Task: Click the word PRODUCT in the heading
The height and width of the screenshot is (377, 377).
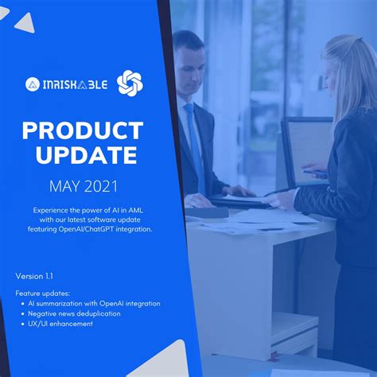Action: click(83, 130)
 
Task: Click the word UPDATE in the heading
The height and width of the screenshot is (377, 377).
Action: click(87, 155)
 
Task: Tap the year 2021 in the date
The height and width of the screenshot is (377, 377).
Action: click(102, 186)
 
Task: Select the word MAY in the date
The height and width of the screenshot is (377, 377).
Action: click(64, 186)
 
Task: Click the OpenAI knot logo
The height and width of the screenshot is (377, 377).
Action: click(130, 83)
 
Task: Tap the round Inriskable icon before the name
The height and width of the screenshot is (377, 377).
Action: click(33, 84)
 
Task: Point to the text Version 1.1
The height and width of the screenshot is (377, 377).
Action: click(34, 276)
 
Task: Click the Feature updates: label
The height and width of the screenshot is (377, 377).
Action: click(42, 293)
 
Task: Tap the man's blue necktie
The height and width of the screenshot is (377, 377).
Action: click(196, 146)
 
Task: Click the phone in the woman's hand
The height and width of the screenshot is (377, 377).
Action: click(315, 173)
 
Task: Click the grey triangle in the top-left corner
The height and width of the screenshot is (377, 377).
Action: click(25, 23)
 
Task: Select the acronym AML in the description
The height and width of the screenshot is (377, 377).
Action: click(136, 211)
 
